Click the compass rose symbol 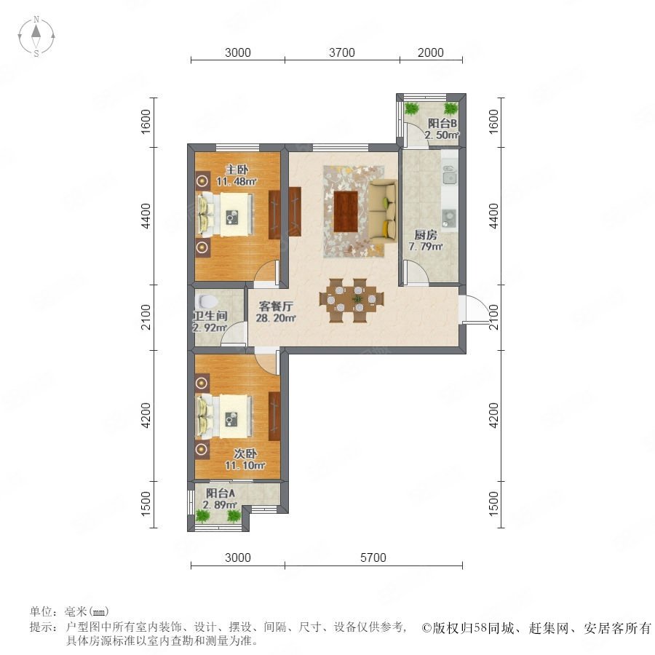(36, 36)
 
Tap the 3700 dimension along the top (342, 52)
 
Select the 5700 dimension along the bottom (373, 557)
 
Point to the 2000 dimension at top (430, 52)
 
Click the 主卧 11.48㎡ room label (237, 175)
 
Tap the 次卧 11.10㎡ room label (245, 459)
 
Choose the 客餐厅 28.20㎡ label (276, 312)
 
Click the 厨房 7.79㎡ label (426, 241)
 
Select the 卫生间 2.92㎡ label (210, 322)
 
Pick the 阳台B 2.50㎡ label (442, 129)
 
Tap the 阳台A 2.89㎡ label (220, 499)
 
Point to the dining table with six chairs (352, 300)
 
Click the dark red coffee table (346, 211)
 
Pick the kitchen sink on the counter (449, 175)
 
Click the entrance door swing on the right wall (474, 309)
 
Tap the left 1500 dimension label (146, 504)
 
